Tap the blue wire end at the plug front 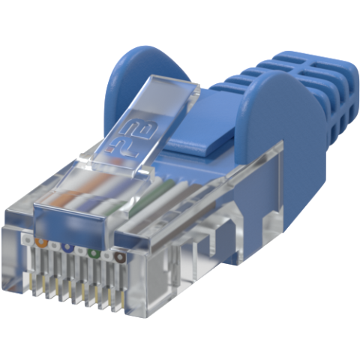click(x=67, y=247)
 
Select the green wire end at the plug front click(x=93, y=253)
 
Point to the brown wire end click(x=119, y=258)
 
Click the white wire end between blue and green click(x=80, y=250)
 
